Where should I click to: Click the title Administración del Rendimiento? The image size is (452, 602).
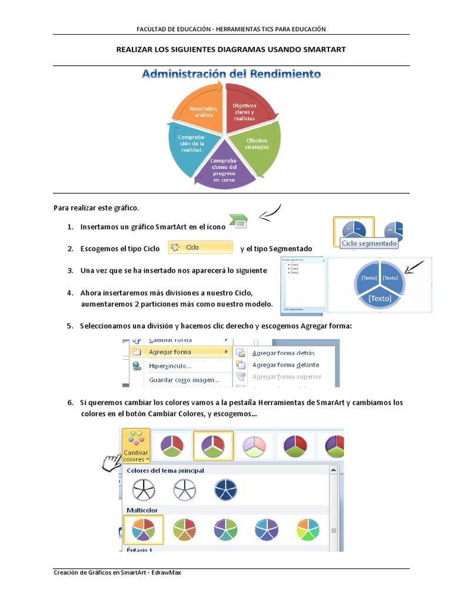(x=231, y=74)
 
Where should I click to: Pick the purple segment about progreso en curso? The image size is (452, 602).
(x=224, y=170)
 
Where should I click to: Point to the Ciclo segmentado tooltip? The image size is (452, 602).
(x=369, y=243)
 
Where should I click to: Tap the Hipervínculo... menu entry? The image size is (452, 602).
(x=169, y=366)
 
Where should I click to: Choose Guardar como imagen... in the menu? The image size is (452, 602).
(x=184, y=380)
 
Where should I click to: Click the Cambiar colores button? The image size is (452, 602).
(x=136, y=446)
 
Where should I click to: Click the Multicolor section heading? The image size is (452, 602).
(x=142, y=510)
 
